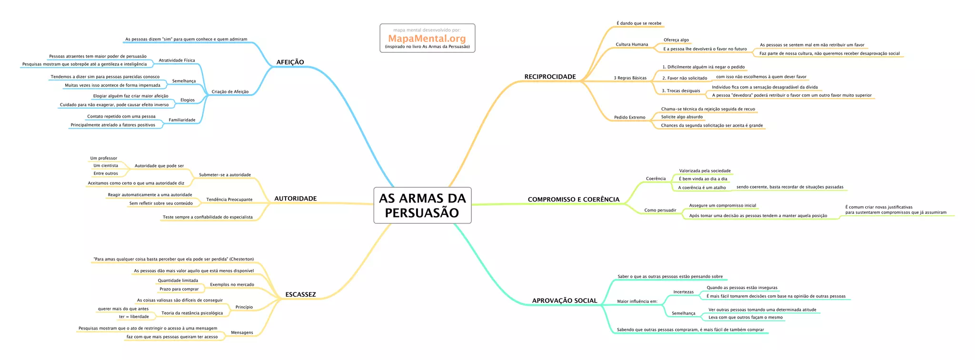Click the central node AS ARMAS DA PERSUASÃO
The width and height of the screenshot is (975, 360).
point(422,205)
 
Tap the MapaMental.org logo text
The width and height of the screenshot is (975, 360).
point(427,39)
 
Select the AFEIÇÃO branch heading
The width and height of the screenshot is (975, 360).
point(290,62)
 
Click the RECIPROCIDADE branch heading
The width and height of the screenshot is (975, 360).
point(550,77)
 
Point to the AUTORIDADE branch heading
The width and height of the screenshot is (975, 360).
point(295,199)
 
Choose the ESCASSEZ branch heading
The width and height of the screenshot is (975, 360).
point(300,294)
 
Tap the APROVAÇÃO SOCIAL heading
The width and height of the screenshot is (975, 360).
point(564,300)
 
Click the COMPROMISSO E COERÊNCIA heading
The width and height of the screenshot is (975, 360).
point(573,200)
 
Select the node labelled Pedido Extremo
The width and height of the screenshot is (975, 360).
point(629,117)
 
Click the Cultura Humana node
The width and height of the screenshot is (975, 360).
point(632,44)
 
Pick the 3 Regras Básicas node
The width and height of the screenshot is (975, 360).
point(630,78)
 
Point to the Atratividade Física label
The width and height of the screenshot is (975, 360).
point(177,60)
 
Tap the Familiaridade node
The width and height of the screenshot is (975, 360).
point(182,120)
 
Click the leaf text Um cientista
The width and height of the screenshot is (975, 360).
point(106,166)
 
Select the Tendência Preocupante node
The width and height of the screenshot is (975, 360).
point(229,200)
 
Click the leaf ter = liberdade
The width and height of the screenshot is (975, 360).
point(134,317)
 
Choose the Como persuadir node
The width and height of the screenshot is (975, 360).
point(660,210)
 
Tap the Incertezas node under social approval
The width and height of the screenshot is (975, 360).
point(683,292)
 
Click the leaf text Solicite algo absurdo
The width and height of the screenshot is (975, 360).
point(682,117)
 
